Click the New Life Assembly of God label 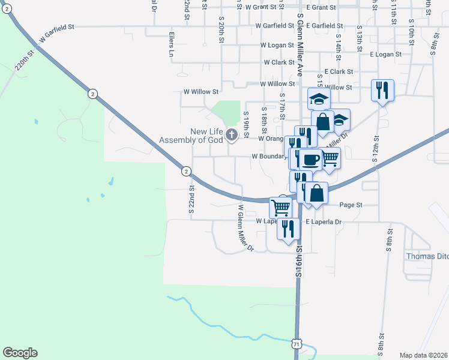(x=193, y=136)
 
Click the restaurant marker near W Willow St (x=382, y=90)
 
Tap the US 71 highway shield (x=295, y=343)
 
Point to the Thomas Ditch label (x=427, y=256)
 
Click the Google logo (x=20, y=353)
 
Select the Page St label (x=351, y=205)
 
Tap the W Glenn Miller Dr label (x=246, y=229)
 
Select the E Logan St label (x=385, y=55)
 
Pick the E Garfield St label (x=324, y=26)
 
